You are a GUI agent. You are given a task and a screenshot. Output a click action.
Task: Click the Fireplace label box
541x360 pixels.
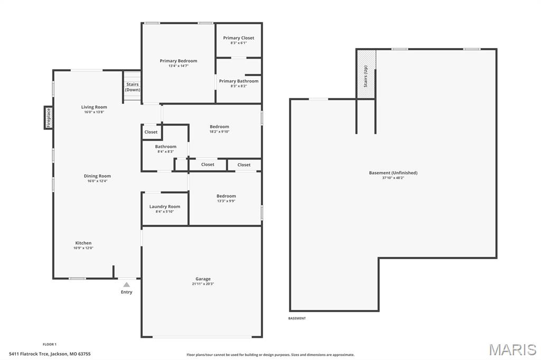pyautogui.click(x=48, y=117)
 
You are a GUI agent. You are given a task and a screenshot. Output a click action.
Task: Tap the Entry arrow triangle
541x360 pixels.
pyautogui.click(x=126, y=285)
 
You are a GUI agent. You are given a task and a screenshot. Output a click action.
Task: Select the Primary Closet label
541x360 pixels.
pyautogui.click(x=238, y=38)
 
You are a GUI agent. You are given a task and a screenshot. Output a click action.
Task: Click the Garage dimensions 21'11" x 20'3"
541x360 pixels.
pyautogui.click(x=203, y=284)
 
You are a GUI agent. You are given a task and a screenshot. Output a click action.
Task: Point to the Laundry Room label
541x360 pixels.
pyautogui.click(x=164, y=206)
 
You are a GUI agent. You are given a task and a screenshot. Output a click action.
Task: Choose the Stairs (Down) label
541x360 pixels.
pyautogui.click(x=133, y=87)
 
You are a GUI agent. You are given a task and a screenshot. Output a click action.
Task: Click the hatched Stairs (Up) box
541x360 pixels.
pyautogui.click(x=366, y=74)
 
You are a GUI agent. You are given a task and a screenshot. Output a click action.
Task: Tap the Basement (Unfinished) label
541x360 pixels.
pyautogui.click(x=393, y=173)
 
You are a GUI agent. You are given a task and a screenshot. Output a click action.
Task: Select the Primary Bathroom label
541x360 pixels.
pyautogui.click(x=239, y=81)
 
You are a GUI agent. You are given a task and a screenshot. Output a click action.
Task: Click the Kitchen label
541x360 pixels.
pyautogui.click(x=83, y=243)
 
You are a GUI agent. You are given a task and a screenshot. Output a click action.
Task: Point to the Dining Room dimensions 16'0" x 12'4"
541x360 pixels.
pyautogui.click(x=98, y=181)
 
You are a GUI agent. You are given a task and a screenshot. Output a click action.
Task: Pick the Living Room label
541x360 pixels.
pyautogui.click(x=94, y=107)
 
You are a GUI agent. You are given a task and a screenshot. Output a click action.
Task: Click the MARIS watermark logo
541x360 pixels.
pyautogui.click(x=512, y=349)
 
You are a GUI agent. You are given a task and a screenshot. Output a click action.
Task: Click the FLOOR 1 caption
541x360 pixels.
pyautogui.click(x=50, y=344)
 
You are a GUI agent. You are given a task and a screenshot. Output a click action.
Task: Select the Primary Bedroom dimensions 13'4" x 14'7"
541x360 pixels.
pyautogui.click(x=179, y=66)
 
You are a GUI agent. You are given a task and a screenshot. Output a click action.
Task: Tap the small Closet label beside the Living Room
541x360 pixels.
pyautogui.click(x=151, y=132)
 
